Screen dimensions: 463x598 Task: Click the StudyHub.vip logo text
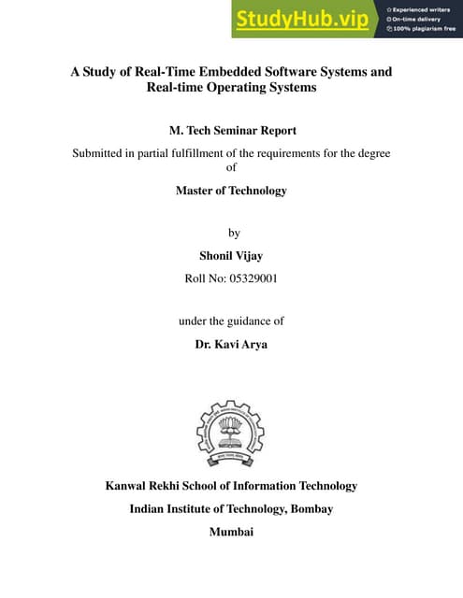pyautogui.click(x=301, y=20)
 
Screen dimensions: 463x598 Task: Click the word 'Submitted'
pyautogui.click(x=103, y=152)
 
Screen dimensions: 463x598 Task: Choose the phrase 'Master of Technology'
pyautogui.click(x=231, y=191)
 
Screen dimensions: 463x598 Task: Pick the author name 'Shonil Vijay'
pyautogui.click(x=231, y=254)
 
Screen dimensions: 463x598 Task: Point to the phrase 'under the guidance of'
pyautogui.click(x=231, y=320)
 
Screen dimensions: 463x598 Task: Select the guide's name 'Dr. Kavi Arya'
pyautogui.click(x=231, y=344)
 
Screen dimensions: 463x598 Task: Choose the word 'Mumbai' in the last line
pyautogui.click(x=231, y=533)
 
